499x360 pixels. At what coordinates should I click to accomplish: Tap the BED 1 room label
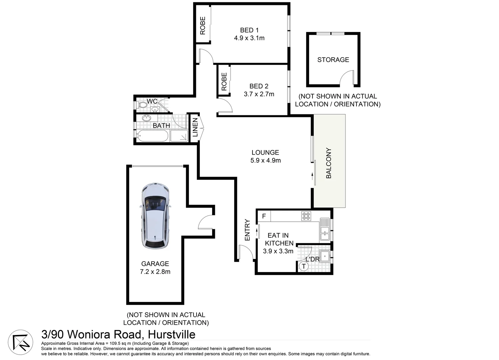coord(249,30)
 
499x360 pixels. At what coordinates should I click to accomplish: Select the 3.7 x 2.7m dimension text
coord(259,94)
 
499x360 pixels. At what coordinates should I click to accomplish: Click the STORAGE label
coord(333,60)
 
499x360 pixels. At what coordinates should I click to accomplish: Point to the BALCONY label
coord(328,163)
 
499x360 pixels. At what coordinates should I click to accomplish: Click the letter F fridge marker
coord(264,216)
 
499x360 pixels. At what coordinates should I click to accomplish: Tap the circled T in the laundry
coord(303,266)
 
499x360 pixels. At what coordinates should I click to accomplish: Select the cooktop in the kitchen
coord(306,216)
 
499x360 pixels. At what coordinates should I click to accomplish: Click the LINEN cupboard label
coord(195,127)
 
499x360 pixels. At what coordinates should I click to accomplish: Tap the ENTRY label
coord(247,230)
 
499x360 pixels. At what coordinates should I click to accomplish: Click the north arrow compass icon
coord(20,342)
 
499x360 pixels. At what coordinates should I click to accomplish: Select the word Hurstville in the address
coord(172,334)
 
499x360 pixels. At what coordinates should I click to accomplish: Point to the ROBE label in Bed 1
coord(203,26)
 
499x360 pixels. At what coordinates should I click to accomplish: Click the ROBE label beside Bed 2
coord(224,82)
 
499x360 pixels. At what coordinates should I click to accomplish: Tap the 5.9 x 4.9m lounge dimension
coord(265,161)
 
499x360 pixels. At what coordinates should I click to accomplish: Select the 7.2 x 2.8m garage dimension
coord(155,272)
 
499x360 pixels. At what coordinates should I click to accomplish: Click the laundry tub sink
coord(323,257)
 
